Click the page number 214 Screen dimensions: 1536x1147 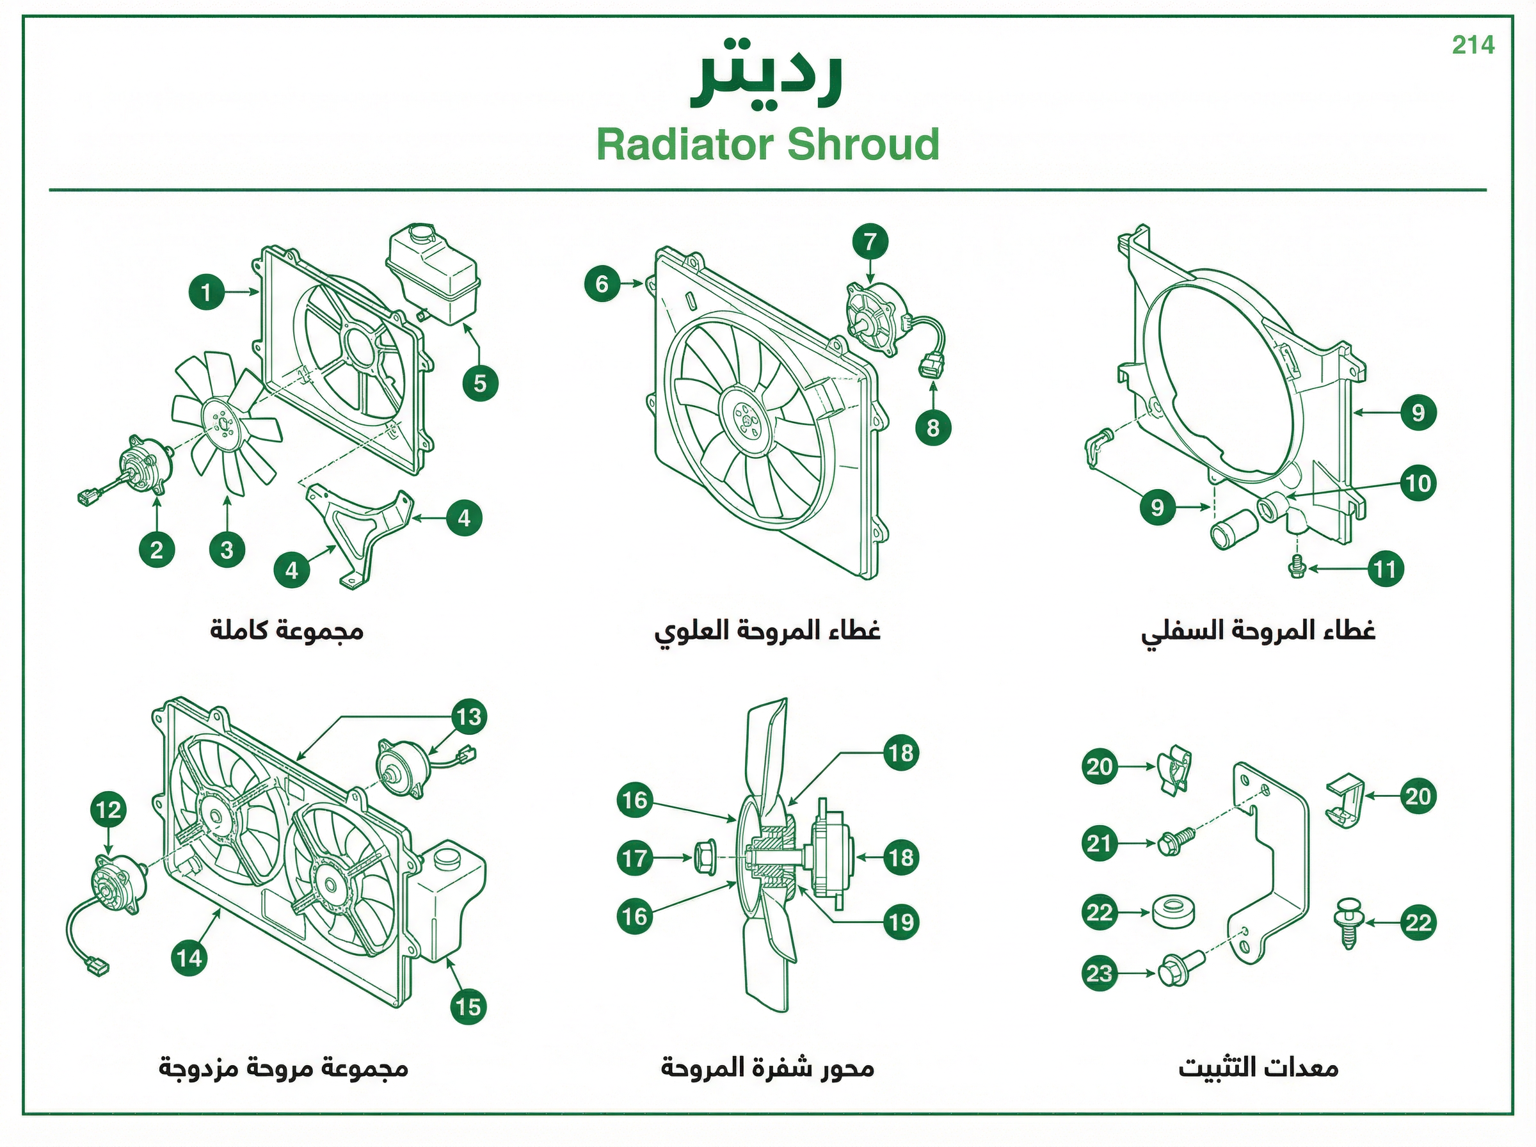point(1473,45)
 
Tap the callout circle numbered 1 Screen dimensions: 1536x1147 point(207,293)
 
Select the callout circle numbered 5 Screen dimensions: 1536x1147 point(480,384)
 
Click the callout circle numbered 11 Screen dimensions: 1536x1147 point(1385,569)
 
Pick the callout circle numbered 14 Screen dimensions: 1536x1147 point(189,959)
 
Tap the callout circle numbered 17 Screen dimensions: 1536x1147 point(635,859)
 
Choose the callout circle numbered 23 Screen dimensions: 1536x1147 point(1100,974)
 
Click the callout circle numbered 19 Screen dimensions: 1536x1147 point(902,922)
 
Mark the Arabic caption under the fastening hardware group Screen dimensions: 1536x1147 point(1258,1067)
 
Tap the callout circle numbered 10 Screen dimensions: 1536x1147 point(1418,483)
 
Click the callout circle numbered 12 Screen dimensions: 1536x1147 point(108,810)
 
